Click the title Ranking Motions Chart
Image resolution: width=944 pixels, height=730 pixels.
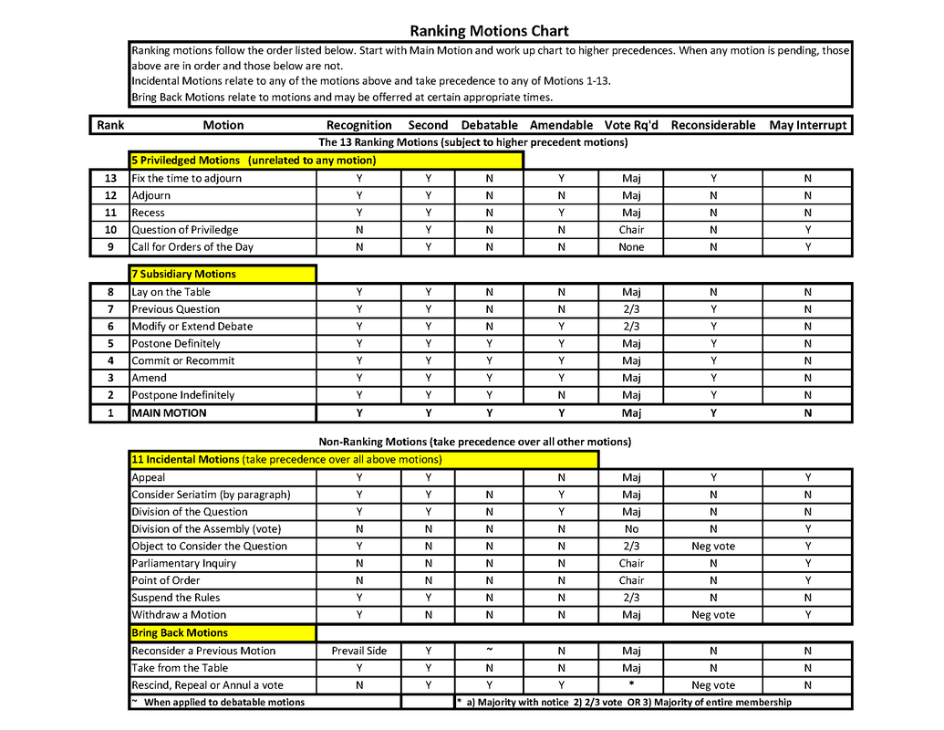click(x=489, y=31)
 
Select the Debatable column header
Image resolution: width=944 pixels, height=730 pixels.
click(x=489, y=125)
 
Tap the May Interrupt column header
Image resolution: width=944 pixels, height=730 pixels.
click(x=807, y=125)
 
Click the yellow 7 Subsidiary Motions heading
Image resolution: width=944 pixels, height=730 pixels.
click(x=183, y=274)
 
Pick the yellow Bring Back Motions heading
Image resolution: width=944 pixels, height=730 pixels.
click(x=180, y=632)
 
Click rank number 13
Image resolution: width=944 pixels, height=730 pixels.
click(x=110, y=179)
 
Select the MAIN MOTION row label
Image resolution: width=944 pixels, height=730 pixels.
click(x=169, y=412)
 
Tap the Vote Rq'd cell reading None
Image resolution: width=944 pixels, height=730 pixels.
click(x=631, y=247)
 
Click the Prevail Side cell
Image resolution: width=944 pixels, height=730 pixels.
click(x=358, y=651)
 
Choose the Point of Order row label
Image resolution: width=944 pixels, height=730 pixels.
click(x=165, y=580)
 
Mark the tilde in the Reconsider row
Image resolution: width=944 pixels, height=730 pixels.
click(x=489, y=650)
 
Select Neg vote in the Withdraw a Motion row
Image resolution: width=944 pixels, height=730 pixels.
click(x=712, y=615)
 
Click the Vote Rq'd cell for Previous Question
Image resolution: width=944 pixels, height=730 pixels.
click(x=631, y=309)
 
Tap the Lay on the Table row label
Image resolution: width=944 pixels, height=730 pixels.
click(x=171, y=292)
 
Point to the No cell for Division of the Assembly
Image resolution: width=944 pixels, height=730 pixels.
click(x=631, y=529)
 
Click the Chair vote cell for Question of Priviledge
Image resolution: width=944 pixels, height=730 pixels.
click(x=631, y=230)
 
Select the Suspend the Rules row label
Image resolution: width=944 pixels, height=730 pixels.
click(x=175, y=598)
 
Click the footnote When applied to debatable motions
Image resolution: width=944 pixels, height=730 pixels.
click(x=224, y=702)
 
